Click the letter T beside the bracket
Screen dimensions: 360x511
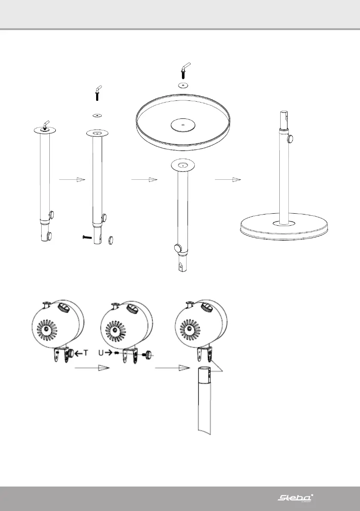[x=86, y=353]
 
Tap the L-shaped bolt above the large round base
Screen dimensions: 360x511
[x=185, y=70]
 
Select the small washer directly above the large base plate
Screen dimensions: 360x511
[x=184, y=85]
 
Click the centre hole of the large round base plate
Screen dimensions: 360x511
[x=183, y=125]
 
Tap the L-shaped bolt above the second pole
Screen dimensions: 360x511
[x=98, y=92]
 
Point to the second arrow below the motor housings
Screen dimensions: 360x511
[x=172, y=368]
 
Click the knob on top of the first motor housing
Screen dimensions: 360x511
[x=64, y=307]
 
